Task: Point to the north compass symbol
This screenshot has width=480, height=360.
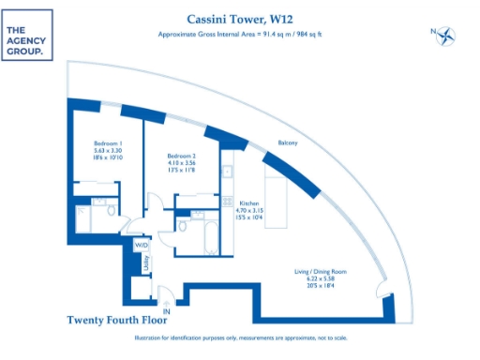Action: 445,36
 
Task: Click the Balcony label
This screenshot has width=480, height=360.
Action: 288,142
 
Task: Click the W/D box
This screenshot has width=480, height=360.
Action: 142,246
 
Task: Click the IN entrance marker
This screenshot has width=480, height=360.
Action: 167,308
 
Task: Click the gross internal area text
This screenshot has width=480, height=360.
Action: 239,35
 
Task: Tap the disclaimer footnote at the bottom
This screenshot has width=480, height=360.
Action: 240,337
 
